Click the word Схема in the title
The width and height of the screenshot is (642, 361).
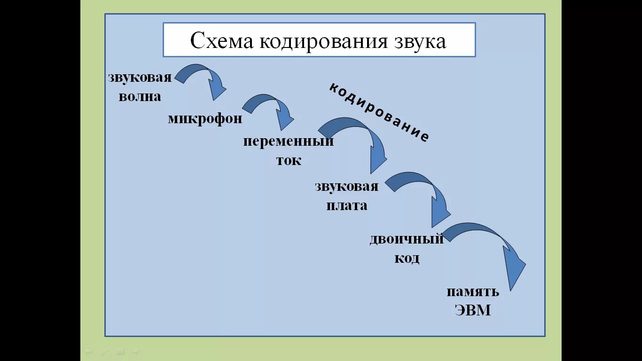coord(221,41)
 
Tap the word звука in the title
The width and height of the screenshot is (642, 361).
coord(419,41)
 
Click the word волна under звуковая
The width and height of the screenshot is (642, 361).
coord(140,96)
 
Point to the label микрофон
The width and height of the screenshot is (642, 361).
coord(205,118)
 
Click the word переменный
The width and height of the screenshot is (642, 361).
coord(288,141)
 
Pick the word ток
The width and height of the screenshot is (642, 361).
coord(289,160)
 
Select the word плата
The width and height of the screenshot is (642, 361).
coord(347,205)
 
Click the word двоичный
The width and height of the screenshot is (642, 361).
coord(406,239)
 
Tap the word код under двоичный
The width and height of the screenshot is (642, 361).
coord(407,259)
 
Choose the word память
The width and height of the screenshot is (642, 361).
coord(472,291)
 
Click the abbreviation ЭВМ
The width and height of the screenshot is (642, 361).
coord(472,310)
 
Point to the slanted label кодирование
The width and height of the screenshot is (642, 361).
coord(379,112)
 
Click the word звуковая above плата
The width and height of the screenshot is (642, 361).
coord(346,186)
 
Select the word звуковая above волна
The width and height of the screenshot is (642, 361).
coord(140,78)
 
